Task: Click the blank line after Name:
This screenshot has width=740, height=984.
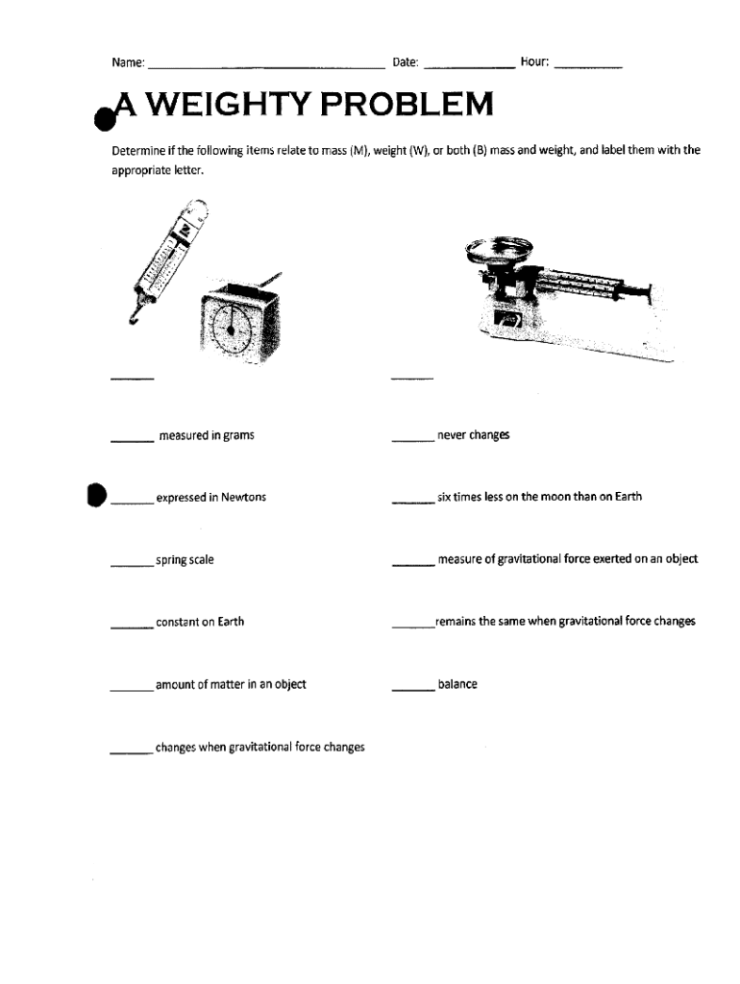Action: pyautogui.click(x=265, y=67)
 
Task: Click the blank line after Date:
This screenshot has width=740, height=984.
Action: pyautogui.click(x=468, y=67)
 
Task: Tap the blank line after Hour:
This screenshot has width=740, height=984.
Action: pyautogui.click(x=588, y=67)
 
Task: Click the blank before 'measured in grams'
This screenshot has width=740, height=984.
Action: pyautogui.click(x=133, y=441)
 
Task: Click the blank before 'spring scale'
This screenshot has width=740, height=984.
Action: pyautogui.click(x=133, y=566)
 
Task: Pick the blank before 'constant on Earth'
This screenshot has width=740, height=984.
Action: pyautogui.click(x=133, y=627)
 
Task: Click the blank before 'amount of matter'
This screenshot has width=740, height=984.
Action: pyautogui.click(x=133, y=690)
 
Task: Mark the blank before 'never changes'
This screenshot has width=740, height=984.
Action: pyautogui.click(x=412, y=441)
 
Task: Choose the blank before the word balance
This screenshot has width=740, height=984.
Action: pyautogui.click(x=412, y=690)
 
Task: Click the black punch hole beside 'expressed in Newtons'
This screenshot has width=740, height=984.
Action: pyautogui.click(x=94, y=495)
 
